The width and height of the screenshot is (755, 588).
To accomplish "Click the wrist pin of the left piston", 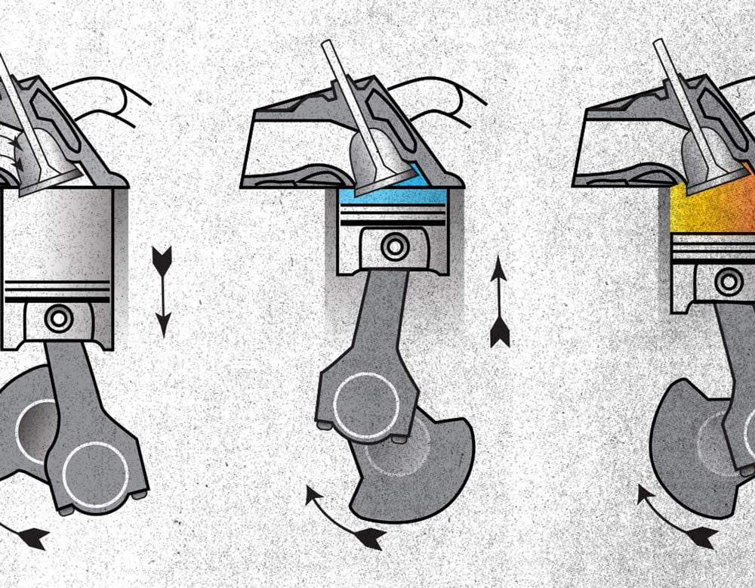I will coord(59,318).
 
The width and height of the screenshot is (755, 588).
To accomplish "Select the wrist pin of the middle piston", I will coord(393,246).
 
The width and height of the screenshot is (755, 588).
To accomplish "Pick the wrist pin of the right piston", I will coord(729,282).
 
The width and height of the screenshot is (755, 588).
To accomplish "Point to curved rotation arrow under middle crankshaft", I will coord(344,518).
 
